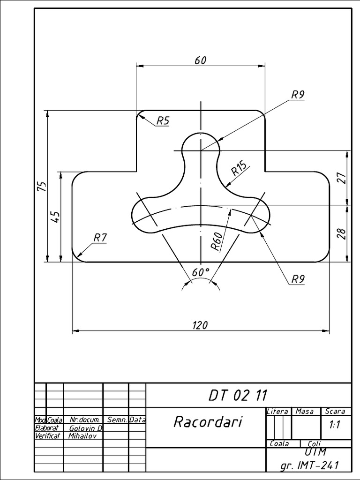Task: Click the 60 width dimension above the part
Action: [x=200, y=60]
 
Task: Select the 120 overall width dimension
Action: [x=200, y=325]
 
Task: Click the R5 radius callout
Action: [x=163, y=121]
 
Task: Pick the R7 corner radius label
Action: [x=100, y=238]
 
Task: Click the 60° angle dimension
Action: [x=201, y=272]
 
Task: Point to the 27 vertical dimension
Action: [x=341, y=178]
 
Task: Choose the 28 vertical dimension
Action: [x=341, y=233]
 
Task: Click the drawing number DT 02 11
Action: [x=238, y=395]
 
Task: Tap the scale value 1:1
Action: [x=335, y=426]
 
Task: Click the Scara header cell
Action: [x=335, y=411]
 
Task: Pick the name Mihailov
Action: [x=82, y=435]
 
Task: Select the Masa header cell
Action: [x=305, y=411]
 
